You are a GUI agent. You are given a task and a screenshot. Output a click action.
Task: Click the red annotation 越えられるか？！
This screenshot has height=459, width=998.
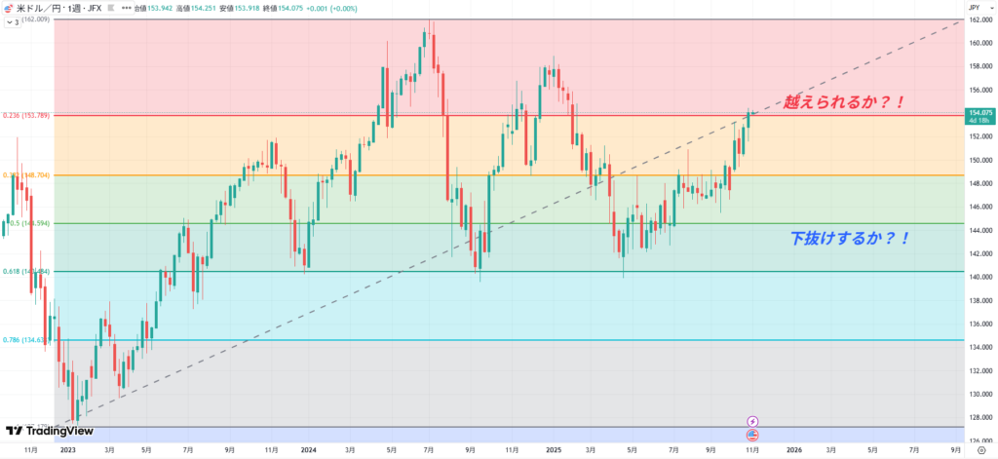(x=845, y=100)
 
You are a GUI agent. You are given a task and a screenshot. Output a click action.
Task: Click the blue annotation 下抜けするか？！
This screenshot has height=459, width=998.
(x=849, y=237)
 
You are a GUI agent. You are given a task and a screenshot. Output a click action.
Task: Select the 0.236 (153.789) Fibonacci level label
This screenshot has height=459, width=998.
(x=26, y=116)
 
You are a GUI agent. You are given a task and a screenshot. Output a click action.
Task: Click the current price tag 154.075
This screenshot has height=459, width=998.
(x=979, y=114)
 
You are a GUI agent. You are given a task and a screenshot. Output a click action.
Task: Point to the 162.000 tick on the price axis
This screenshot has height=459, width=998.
(x=979, y=19)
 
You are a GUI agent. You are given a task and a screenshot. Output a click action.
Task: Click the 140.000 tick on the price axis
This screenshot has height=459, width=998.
(x=979, y=277)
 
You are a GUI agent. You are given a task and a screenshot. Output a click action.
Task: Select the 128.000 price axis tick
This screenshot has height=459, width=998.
(x=979, y=418)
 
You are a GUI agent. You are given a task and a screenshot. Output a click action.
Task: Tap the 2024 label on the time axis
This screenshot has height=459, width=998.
(x=309, y=450)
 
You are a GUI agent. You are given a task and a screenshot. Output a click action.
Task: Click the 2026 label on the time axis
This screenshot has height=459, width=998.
(x=794, y=450)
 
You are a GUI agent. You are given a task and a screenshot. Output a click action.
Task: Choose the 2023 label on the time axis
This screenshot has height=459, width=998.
(x=67, y=450)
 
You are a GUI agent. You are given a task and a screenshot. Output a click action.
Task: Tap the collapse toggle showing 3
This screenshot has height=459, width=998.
(x=14, y=20)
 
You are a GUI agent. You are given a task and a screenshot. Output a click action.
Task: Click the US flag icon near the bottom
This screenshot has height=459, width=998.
(x=752, y=434)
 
